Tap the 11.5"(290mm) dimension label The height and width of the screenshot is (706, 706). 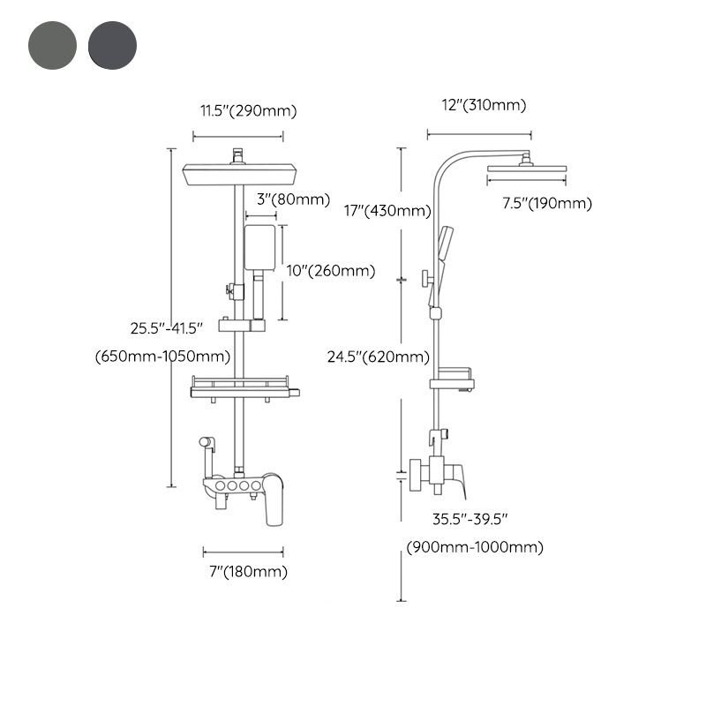click(x=246, y=110)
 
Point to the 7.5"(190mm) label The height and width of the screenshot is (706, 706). click(x=547, y=204)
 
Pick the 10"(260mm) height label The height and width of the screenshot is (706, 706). click(x=331, y=271)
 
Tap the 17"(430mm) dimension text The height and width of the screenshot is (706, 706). click(x=387, y=210)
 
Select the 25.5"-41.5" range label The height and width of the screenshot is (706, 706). click(x=167, y=327)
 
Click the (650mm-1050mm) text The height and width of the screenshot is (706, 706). click(x=162, y=357)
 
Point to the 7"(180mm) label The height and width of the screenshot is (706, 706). click(x=244, y=572)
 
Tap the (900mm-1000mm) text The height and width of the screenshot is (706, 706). click(x=475, y=547)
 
